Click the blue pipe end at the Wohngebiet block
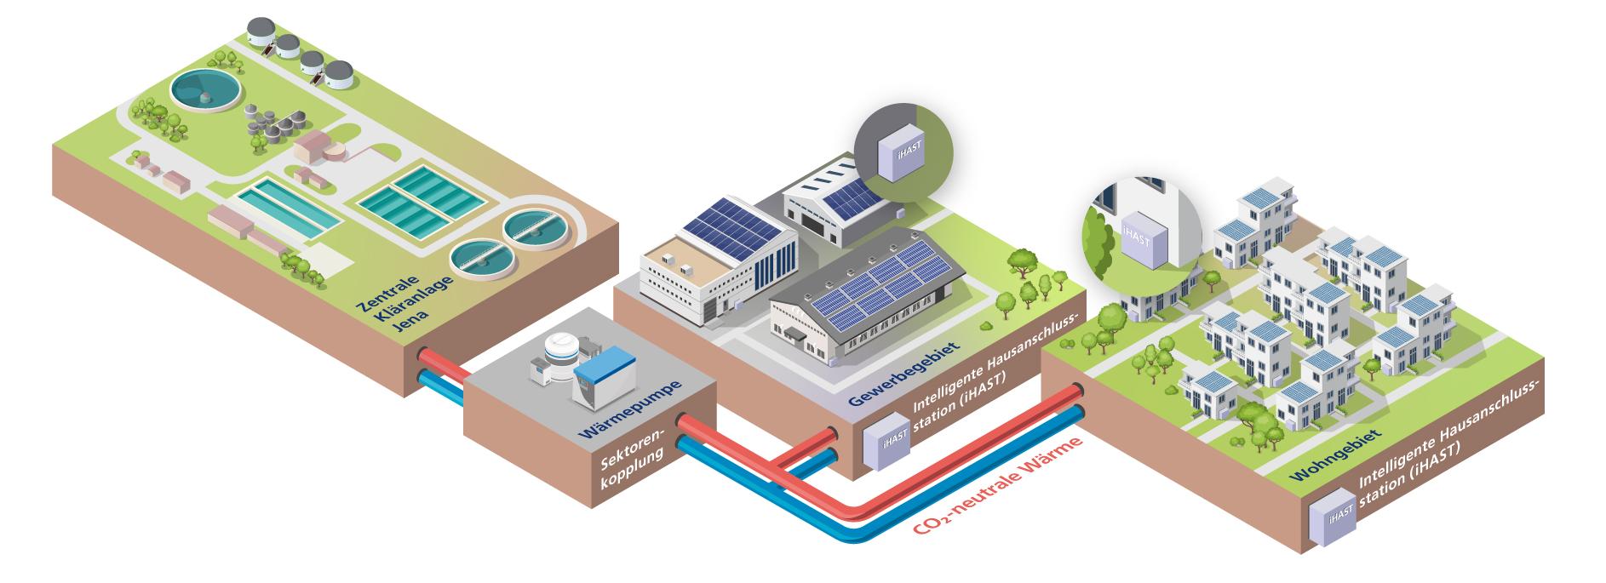[x=1079, y=413]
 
